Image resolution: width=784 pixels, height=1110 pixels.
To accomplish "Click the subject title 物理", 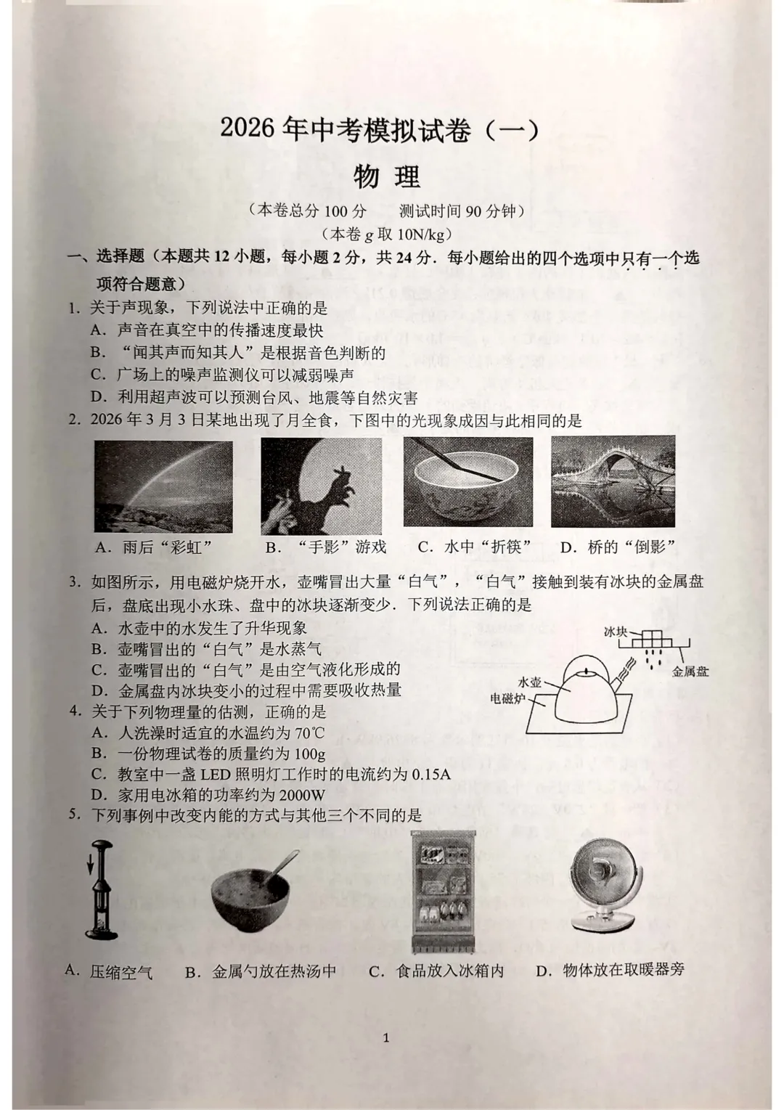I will pyautogui.click(x=386, y=176).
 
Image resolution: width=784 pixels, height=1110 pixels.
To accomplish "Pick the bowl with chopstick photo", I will pyautogui.click(x=467, y=483).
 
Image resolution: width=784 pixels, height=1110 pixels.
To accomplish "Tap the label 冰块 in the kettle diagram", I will pyautogui.click(x=616, y=632).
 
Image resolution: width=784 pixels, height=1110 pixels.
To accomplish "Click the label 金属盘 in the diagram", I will pyautogui.click(x=690, y=672).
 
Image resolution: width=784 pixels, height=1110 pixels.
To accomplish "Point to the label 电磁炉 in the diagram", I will pyautogui.click(x=508, y=699).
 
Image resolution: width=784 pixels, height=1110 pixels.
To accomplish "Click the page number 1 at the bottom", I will pyautogui.click(x=385, y=1037).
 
